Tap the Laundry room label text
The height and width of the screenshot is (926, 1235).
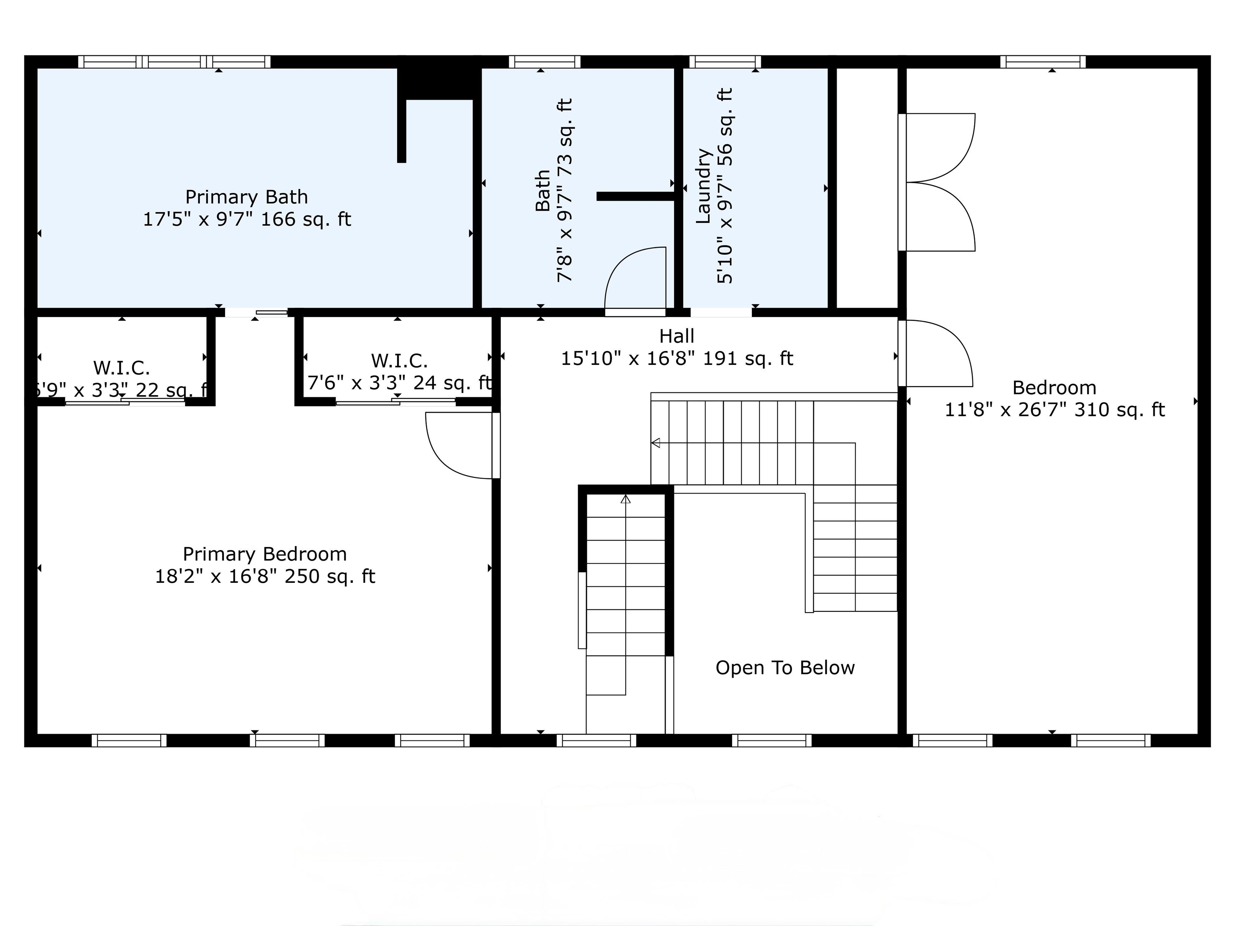coord(703,186)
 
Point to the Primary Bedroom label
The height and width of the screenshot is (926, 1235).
coord(265,554)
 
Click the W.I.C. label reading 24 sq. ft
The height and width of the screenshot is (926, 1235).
coord(399,372)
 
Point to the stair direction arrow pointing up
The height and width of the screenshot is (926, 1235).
coord(625,499)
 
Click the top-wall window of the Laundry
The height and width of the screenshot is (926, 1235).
coord(725,61)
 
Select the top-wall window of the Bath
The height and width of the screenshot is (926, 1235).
coord(544,61)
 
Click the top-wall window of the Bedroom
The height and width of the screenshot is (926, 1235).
coord(1042,61)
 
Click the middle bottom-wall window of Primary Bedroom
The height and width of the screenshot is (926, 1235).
coord(287,740)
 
